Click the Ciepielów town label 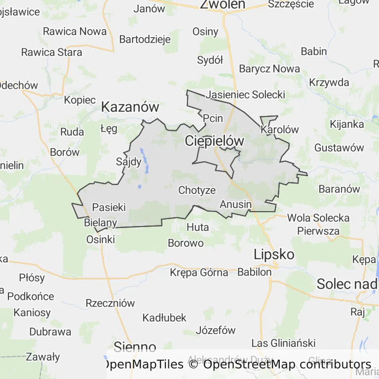(x=215, y=141)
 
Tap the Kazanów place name (x=130, y=107)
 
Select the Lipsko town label (x=274, y=255)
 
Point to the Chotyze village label (x=197, y=190)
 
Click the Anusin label (x=236, y=204)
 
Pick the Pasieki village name (x=109, y=207)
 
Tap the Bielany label (x=101, y=223)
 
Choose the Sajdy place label (x=128, y=161)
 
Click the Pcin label (x=213, y=118)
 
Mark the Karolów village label (x=280, y=130)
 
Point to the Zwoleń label (x=223, y=4)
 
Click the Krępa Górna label (x=199, y=272)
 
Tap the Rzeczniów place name (x=110, y=303)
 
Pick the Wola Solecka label (x=318, y=218)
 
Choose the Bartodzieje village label (x=145, y=39)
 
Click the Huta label (x=198, y=227)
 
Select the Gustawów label (x=339, y=148)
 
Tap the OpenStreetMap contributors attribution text (x=287, y=365)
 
